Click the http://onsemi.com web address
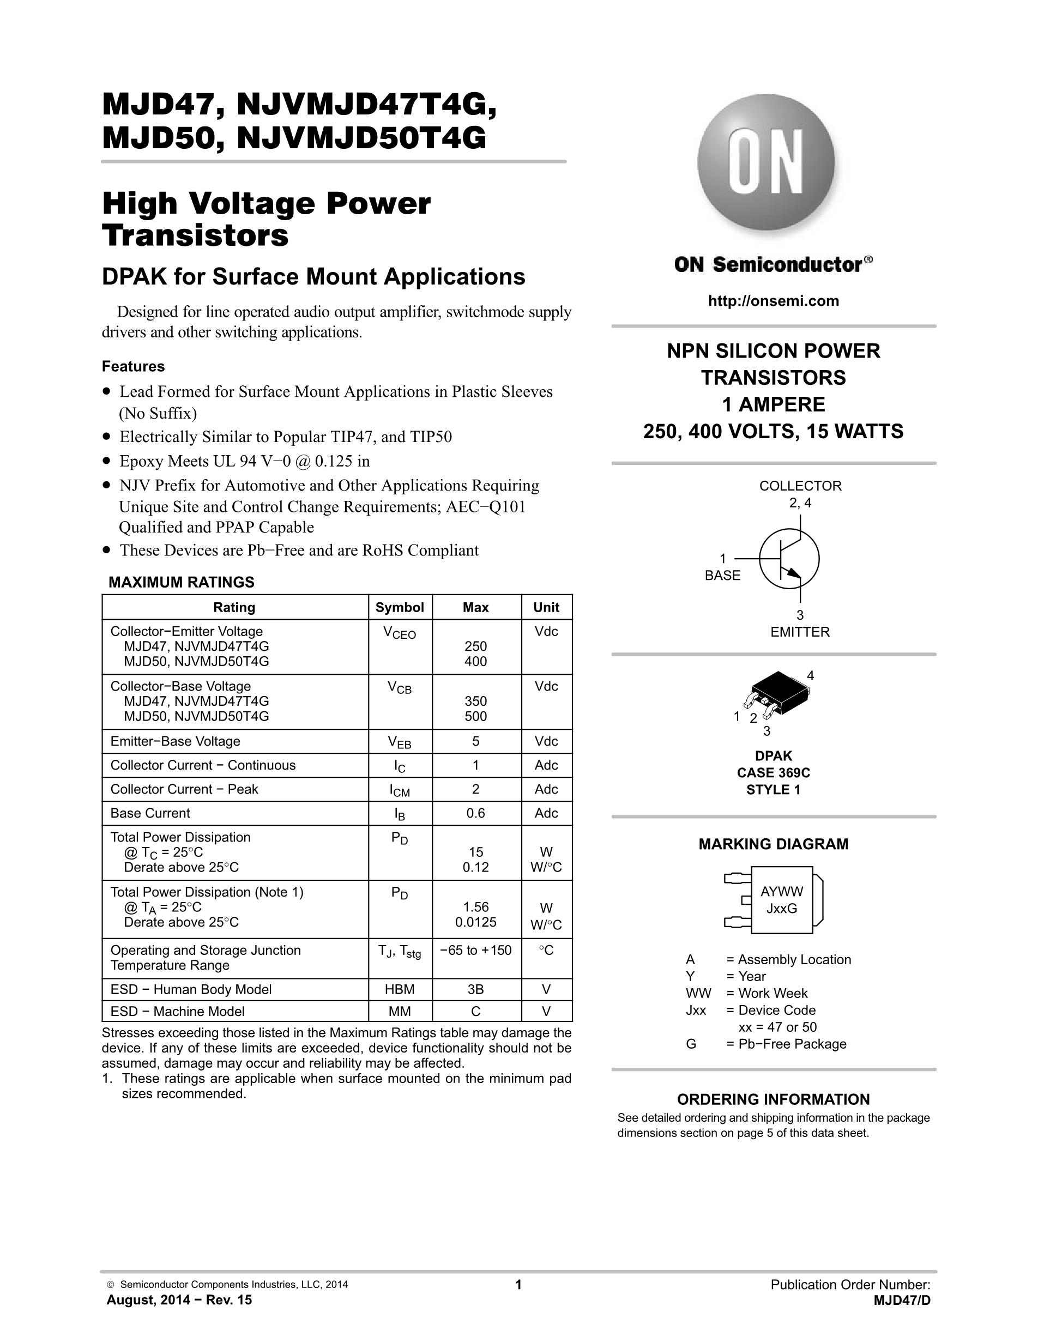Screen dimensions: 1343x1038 (773, 301)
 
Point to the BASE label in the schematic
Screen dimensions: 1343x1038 (722, 576)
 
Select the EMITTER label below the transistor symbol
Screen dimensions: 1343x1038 (799, 632)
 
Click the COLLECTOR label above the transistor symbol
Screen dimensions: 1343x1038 (800, 486)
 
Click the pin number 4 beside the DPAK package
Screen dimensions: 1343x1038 (811, 676)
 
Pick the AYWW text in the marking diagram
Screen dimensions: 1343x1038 (782, 892)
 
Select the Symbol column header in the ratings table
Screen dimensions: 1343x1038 (400, 608)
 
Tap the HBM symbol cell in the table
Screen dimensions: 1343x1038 (400, 989)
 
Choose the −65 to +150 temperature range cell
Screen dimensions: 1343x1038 (475, 951)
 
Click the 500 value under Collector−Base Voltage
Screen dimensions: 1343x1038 (475, 716)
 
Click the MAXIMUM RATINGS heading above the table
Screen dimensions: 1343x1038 (182, 582)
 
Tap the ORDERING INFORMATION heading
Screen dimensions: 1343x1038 (773, 1099)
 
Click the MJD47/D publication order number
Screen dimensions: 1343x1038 (902, 1300)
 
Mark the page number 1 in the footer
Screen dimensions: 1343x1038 (518, 1285)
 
